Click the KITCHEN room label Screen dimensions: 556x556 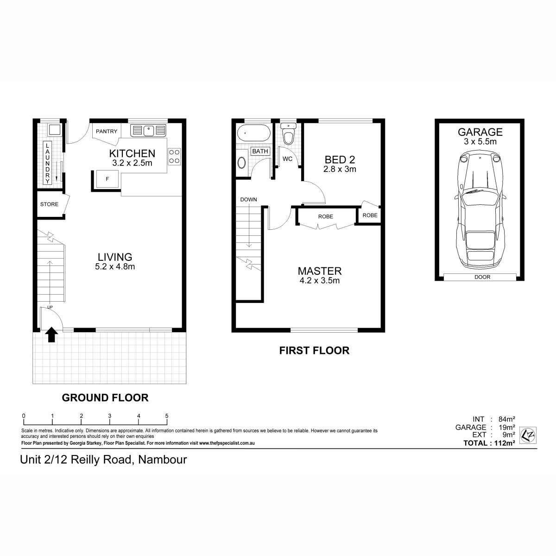132,153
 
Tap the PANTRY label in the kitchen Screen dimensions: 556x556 107,132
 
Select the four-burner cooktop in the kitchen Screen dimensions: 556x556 174,156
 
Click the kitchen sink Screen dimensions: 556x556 148,130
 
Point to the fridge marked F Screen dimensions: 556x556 107,179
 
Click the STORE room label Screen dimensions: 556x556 49,204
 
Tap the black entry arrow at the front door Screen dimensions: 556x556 51,335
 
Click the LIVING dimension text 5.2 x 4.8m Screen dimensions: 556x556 115,266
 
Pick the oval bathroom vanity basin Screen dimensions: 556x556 241,163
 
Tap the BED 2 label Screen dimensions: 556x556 340,159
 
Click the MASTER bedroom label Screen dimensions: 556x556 320,271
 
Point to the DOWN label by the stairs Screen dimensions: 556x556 248,199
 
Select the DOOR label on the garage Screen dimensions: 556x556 482,277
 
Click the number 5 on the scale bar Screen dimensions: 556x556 166,416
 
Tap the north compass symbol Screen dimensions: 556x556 528,435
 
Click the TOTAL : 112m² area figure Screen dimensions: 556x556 489,443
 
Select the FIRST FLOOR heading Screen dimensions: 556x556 314,350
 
